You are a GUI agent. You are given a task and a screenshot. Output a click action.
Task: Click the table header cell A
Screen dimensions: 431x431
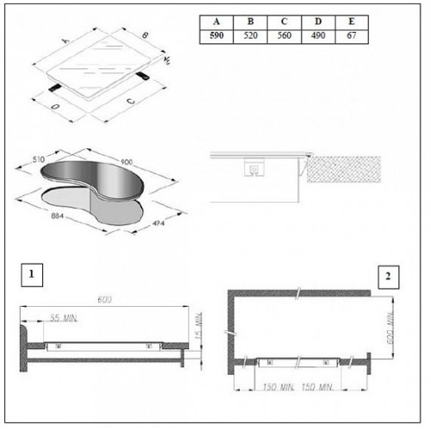click(x=216, y=22)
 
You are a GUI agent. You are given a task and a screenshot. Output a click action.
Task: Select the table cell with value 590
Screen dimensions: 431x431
click(x=216, y=36)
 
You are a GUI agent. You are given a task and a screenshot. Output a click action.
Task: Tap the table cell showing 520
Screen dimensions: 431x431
click(x=250, y=36)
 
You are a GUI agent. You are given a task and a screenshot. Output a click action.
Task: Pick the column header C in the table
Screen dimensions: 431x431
click(x=284, y=22)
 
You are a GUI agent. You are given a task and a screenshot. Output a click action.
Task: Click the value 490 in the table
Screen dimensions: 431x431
click(x=318, y=36)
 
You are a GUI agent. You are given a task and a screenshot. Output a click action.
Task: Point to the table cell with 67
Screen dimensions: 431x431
click(x=352, y=36)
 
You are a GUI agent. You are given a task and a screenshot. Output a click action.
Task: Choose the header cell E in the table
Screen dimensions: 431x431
click(x=352, y=22)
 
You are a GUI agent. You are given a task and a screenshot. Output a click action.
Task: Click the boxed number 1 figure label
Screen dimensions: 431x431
click(x=32, y=275)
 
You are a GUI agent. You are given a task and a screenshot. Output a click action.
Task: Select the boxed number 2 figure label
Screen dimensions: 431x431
click(x=388, y=277)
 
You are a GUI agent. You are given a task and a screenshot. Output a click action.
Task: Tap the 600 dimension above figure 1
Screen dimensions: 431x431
click(x=104, y=300)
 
